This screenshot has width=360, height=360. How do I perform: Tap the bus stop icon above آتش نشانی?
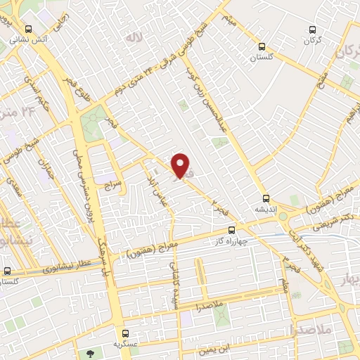[x=27, y=30]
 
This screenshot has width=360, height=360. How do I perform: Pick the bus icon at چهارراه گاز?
[x=231, y=231]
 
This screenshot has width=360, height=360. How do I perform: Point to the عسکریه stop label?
[x=125, y=343]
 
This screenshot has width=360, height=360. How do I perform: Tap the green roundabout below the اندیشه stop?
[x=284, y=217]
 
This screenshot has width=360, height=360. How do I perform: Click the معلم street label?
[x=282, y=284]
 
